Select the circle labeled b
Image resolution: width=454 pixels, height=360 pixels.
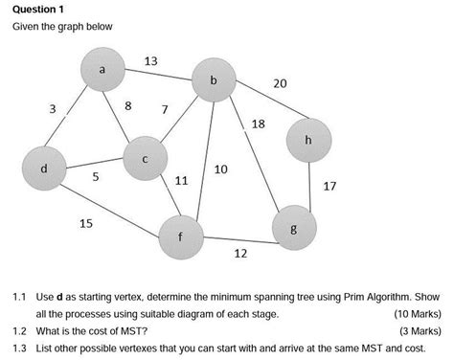coord(214,82)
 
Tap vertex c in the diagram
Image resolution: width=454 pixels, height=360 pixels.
coord(146,159)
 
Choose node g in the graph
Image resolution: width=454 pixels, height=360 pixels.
coord(294,229)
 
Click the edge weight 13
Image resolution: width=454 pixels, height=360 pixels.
coord(150,61)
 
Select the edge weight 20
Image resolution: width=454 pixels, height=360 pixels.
coord(280,84)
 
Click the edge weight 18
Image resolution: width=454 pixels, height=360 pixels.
coord(258,124)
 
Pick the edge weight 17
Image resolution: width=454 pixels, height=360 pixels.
coord(329,186)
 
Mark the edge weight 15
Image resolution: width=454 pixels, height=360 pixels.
coord(86,223)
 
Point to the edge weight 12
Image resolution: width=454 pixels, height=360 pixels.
coord(240,254)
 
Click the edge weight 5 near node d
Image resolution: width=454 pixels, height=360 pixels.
coord(95,177)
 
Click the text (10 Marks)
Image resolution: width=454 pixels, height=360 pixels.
coord(417,313)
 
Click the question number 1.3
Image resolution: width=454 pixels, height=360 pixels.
coord(18,349)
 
